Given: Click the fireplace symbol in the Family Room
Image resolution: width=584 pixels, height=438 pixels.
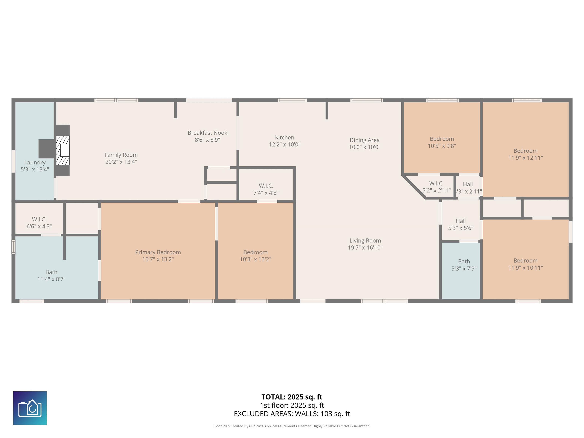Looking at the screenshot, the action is click(63, 150).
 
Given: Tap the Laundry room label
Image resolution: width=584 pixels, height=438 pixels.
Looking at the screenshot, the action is click(35, 162).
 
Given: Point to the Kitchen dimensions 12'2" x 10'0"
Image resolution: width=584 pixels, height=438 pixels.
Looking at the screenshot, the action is click(285, 144).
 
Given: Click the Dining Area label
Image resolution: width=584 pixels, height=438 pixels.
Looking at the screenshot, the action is click(365, 140).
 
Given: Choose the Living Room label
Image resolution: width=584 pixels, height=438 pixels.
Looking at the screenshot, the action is click(365, 240).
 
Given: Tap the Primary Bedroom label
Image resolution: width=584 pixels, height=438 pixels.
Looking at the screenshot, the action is click(158, 252).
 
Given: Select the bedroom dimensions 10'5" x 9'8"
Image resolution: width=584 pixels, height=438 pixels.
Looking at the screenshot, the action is click(442, 146).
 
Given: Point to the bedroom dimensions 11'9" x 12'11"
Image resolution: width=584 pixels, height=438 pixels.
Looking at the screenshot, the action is click(525, 158).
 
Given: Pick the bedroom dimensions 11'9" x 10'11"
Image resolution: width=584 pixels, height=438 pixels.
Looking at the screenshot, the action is click(525, 267).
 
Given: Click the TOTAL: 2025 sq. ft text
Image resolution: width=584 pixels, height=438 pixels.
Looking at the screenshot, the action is click(292, 397).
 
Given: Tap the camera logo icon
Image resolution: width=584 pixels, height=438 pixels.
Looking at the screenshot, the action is click(30, 408).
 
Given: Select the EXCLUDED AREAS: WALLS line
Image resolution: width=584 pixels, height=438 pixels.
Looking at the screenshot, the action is click(292, 414).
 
